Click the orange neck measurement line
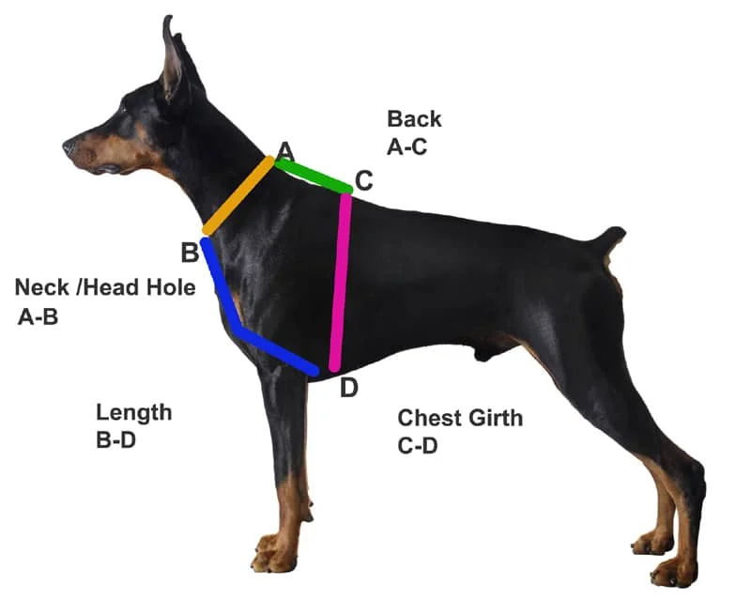tap(238, 196)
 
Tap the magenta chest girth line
tap(341, 282)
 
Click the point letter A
tap(285, 151)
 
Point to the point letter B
tap(190, 253)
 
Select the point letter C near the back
tap(363, 179)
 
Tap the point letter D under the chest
tap(348, 387)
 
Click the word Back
tap(414, 119)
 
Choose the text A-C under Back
tap(412, 146)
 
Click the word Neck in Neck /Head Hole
tap(47, 287)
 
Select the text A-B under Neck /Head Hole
tap(38, 316)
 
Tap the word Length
tap(134, 412)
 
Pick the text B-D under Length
tap(116, 439)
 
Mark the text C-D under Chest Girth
tap(418, 446)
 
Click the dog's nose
tap(69, 146)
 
